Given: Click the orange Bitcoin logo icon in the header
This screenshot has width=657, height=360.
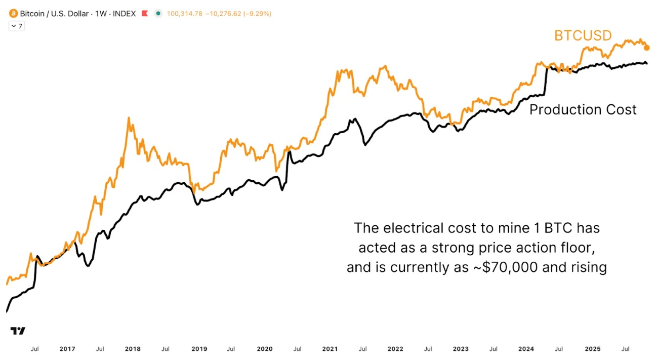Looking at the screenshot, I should point(13,14).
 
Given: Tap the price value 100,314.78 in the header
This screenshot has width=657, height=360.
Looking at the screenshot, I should point(185,14).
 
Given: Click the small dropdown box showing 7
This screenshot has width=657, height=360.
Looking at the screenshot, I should point(17,26).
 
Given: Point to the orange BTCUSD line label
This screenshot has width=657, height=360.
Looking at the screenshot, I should point(583,35).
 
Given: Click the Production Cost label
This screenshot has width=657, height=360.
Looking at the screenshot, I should point(583,109).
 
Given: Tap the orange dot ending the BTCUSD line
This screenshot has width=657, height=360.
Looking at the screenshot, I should point(646,48).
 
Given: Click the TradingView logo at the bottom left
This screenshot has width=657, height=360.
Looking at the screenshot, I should point(18,331).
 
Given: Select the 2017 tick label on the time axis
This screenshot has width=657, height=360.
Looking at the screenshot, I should point(67,349).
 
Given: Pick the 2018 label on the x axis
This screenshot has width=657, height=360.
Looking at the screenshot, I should point(133,349).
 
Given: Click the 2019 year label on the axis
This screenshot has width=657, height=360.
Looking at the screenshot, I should point(199,349).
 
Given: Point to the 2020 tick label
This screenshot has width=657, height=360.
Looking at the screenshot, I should point(265,349).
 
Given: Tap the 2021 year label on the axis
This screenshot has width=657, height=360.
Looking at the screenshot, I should point(330,349).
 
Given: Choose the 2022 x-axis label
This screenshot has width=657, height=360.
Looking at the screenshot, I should point(395,349).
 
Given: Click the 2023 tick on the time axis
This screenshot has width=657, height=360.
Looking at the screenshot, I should point(461,349).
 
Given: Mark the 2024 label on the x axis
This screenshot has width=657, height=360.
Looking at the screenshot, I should point(526,349).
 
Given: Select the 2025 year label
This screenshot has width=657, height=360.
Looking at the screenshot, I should point(592,349).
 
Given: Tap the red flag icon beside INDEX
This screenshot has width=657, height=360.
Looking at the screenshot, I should point(145,14).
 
